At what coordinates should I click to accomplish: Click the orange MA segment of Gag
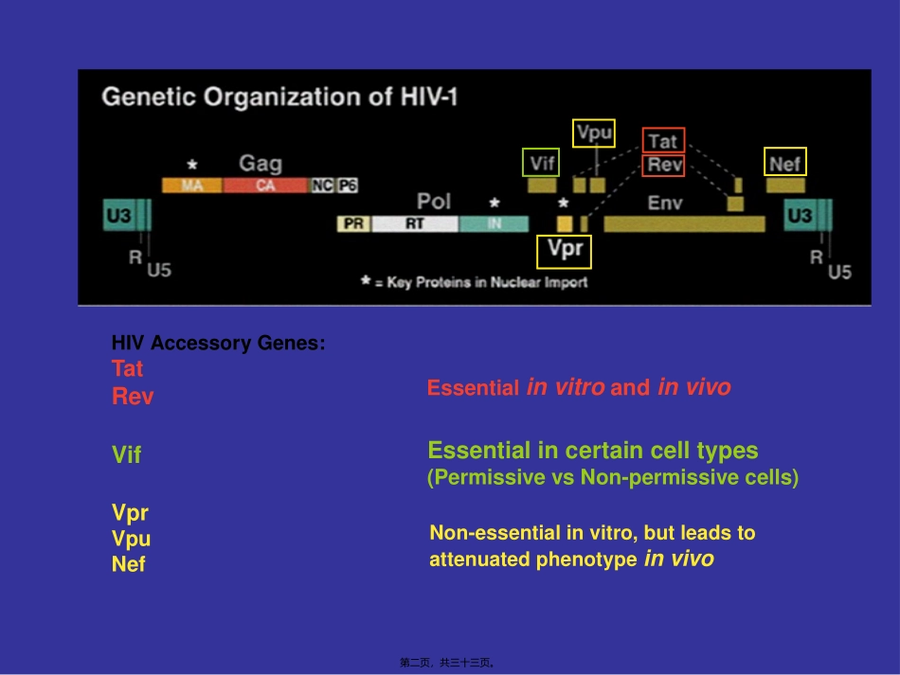pos(192,186)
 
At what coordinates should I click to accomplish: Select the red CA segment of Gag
pos(265,186)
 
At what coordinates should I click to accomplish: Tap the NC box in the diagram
pos(323,186)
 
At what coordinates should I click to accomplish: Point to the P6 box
pos(348,186)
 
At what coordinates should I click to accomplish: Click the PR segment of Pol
pos(353,224)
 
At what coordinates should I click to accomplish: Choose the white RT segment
pos(415,224)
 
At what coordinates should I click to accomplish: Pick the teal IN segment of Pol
pos(494,224)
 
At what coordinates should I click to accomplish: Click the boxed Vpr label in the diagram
pos(565,251)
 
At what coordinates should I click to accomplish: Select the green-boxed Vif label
pos(542,163)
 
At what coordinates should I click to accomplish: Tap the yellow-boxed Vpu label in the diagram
pos(594,133)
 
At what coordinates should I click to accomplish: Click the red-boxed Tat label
pos(663,141)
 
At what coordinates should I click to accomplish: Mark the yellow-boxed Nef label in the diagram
pos(785,163)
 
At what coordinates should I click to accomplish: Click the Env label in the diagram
pos(665,203)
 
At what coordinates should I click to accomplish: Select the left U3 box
pos(118,216)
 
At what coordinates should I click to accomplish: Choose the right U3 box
pos(800,216)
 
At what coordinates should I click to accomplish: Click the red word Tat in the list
pos(127,369)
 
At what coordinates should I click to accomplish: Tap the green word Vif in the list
pos(126,455)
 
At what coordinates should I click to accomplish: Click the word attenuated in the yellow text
pos(479,560)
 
